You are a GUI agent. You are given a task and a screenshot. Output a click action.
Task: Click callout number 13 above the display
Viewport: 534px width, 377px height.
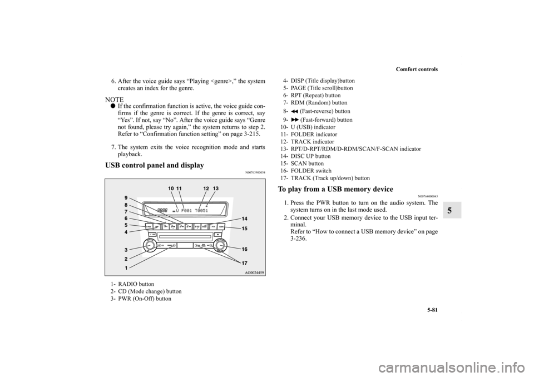216,189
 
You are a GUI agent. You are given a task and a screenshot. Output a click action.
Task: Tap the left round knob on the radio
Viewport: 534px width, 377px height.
151,245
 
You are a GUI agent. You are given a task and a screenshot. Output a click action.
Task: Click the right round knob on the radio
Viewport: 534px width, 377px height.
220,245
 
